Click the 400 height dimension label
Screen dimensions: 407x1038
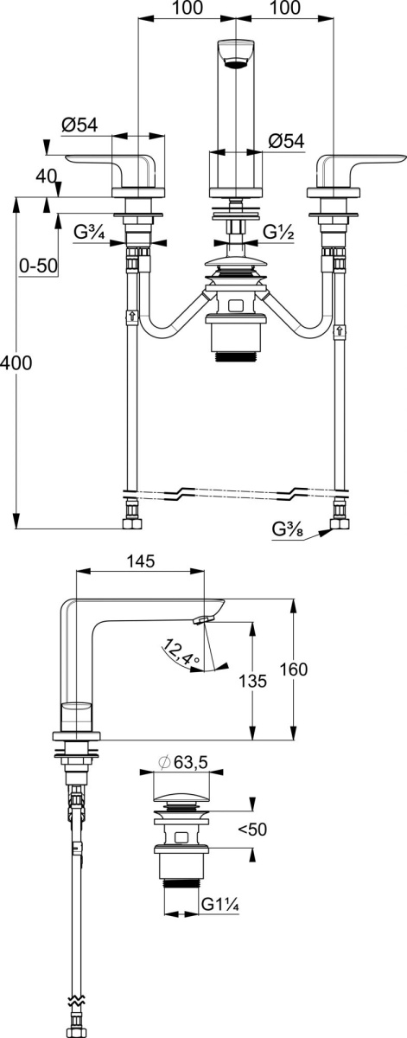point(16,362)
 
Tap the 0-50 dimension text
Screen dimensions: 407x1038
point(38,266)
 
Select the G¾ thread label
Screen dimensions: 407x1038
point(89,233)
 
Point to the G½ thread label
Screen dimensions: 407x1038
point(279,232)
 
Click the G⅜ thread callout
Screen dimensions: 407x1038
point(288,529)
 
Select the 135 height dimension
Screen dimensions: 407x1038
point(252,681)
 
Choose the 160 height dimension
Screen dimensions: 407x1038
point(293,670)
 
